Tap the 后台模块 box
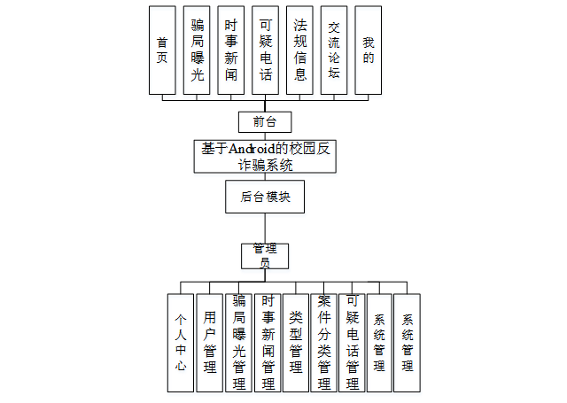tap(265, 197)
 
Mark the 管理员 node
tap(265, 255)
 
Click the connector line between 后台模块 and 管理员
tap(265, 228)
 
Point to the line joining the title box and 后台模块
tap(265, 177)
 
